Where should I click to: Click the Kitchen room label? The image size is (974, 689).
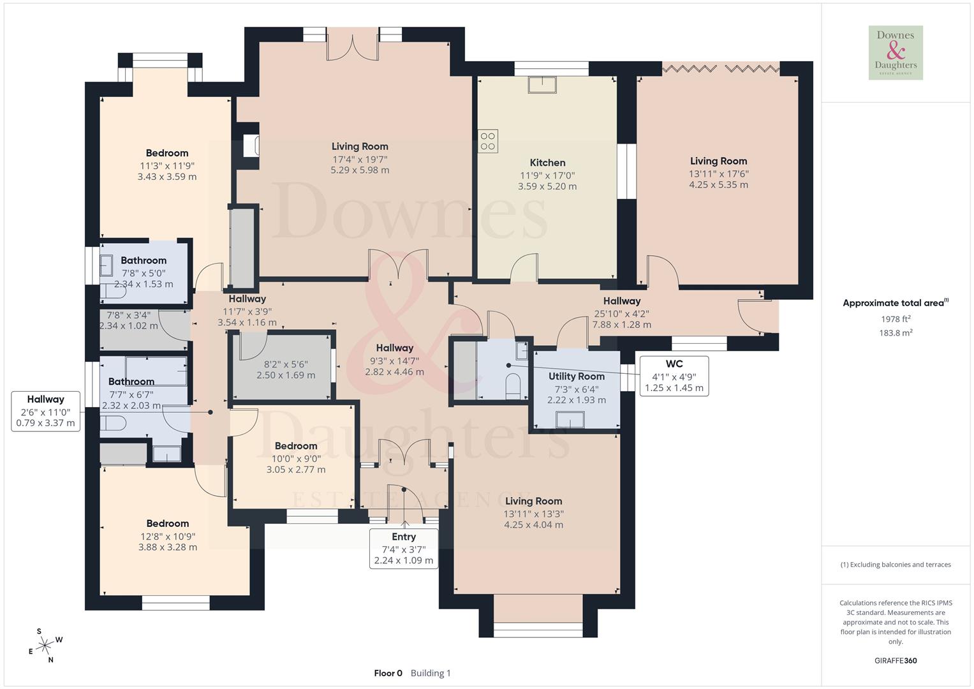tap(547, 163)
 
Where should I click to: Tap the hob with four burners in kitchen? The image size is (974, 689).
tap(488, 141)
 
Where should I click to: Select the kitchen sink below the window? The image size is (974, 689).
tap(542, 85)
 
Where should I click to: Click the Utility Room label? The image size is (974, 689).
tap(576, 376)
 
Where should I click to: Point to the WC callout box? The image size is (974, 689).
tap(674, 376)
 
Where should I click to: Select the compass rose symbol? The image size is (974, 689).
tap(45, 646)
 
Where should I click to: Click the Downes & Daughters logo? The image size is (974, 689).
tap(896, 52)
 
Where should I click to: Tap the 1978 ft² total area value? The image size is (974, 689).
tap(896, 319)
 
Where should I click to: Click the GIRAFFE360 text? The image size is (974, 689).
tap(896, 660)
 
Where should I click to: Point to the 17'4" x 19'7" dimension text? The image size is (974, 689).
tap(360, 159)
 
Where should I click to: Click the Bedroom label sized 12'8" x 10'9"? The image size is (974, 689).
tap(167, 523)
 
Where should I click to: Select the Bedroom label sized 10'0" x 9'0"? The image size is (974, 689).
tap(296, 446)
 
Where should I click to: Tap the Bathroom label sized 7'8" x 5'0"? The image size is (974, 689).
tap(144, 260)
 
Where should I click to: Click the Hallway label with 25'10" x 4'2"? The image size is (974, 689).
tap(621, 301)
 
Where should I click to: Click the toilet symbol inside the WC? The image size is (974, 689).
tap(513, 386)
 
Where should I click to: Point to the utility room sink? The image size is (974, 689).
tap(570, 420)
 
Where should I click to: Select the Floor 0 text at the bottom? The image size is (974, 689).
tap(388, 673)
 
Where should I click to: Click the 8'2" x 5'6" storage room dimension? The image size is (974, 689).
tap(286, 364)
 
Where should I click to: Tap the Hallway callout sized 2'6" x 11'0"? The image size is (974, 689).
tap(45, 411)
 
